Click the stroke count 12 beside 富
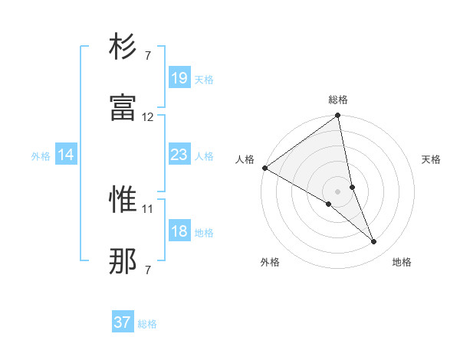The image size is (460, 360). pyautogui.click(x=148, y=117)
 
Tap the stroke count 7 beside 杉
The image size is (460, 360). pyautogui.click(x=148, y=55)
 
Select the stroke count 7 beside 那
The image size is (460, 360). pyautogui.click(x=148, y=270)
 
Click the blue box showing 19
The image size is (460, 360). pyautogui.click(x=179, y=77)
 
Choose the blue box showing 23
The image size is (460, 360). pyautogui.click(x=179, y=155)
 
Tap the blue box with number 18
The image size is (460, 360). pyautogui.click(x=179, y=231)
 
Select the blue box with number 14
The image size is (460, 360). pyautogui.click(x=66, y=155)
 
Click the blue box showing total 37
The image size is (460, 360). pyautogui.click(x=123, y=322)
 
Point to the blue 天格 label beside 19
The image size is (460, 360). pyautogui.click(x=204, y=79)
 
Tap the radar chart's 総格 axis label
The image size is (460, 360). pyautogui.click(x=338, y=100)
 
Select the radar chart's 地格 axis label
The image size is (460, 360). pyautogui.click(x=402, y=262)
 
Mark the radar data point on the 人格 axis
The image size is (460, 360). pyautogui.click(x=264, y=168)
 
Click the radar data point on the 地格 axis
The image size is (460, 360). pyautogui.click(x=374, y=242)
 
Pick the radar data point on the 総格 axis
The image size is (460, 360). pyautogui.click(x=338, y=116)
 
